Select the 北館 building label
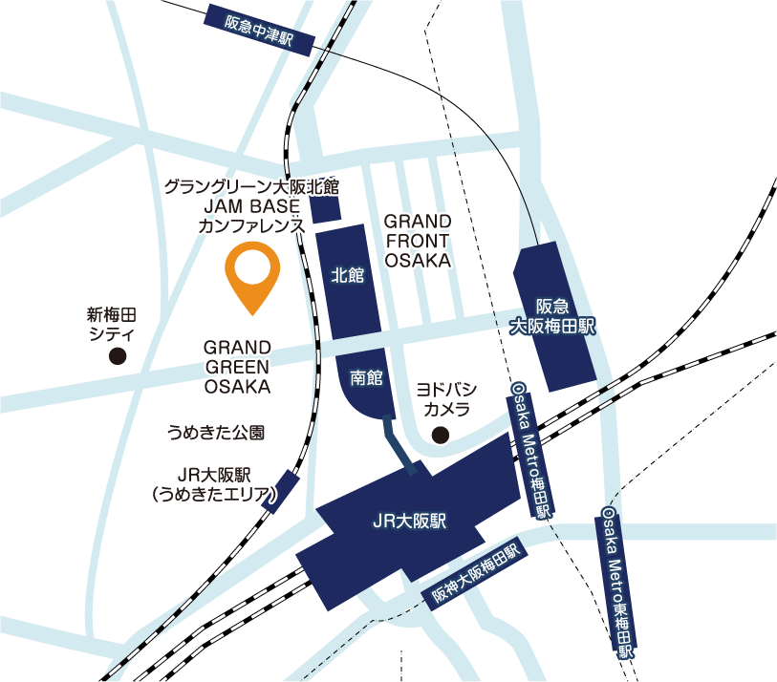coord(347,276)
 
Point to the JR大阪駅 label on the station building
coord(409,522)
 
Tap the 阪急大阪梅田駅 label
coord(551,316)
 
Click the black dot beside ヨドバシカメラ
coord(441,436)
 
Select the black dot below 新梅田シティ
coord(118,357)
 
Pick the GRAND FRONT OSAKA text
coord(417,240)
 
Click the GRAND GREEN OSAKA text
coord(237,367)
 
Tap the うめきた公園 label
coord(215,433)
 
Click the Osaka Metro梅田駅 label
coord(531,449)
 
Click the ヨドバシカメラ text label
coord(446,399)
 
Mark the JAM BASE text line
coord(251,205)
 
